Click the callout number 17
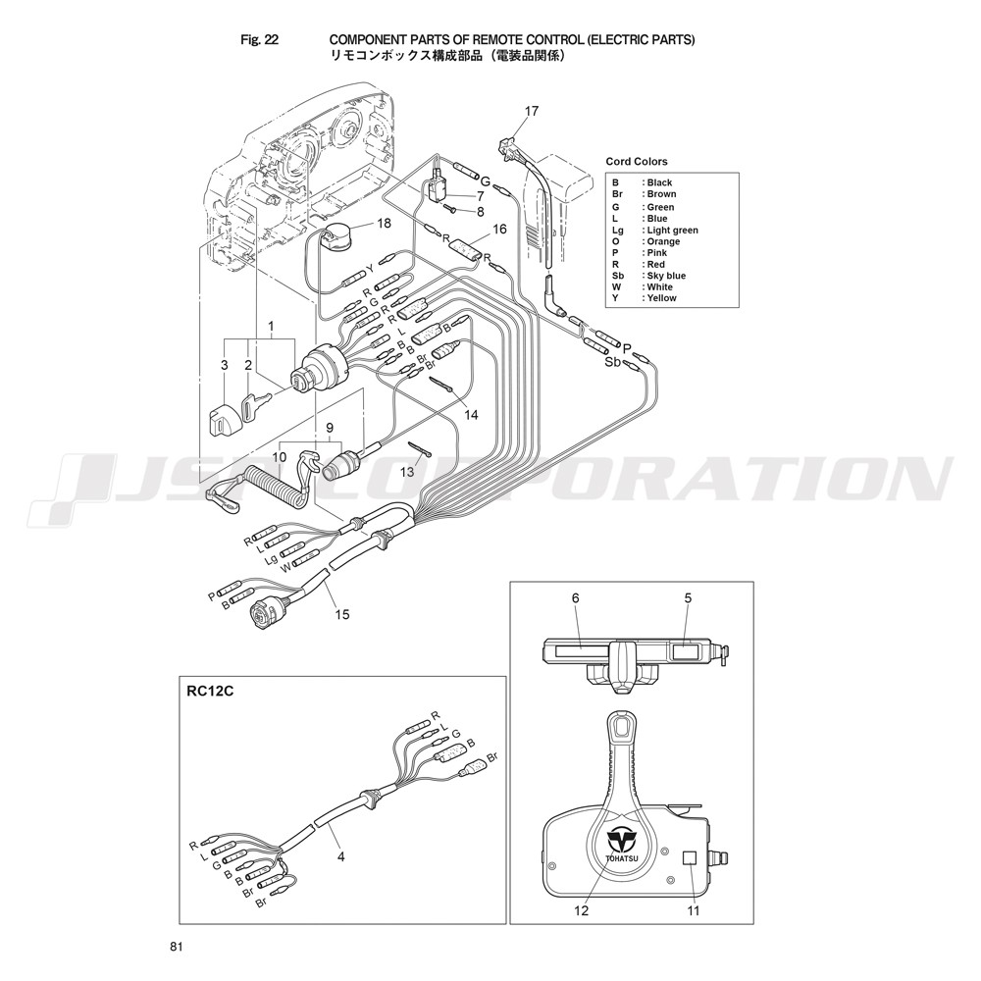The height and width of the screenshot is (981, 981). pos(531,112)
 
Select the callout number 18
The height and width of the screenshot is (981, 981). pos(384,223)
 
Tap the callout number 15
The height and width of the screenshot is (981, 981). pos(342,614)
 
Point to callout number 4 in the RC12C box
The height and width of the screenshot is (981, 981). pos(341,856)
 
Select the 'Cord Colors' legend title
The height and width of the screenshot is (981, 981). pos(637,162)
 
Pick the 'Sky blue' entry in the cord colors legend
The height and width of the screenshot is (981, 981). pos(666,276)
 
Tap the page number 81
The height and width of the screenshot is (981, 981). pos(176,947)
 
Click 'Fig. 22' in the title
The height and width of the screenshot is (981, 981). pos(259,39)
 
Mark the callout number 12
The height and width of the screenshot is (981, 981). pos(581,910)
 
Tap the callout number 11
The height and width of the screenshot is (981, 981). pos(694,910)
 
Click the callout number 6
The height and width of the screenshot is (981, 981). pos(576,598)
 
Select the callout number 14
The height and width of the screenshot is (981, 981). pos(471,414)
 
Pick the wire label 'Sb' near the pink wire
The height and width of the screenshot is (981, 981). pos(613,362)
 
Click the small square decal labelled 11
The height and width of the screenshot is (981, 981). pos(690,857)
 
